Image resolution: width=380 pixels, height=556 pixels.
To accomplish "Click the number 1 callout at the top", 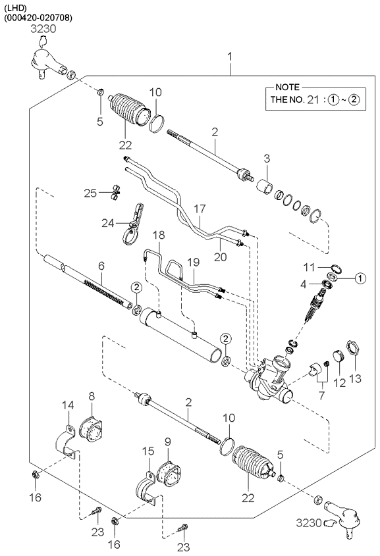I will [x=230, y=57].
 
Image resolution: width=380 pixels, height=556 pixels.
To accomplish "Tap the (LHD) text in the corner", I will [x=16, y=7].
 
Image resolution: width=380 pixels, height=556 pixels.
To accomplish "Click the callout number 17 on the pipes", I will [x=200, y=209].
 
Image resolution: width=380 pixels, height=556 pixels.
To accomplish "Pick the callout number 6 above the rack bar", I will [x=101, y=266].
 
